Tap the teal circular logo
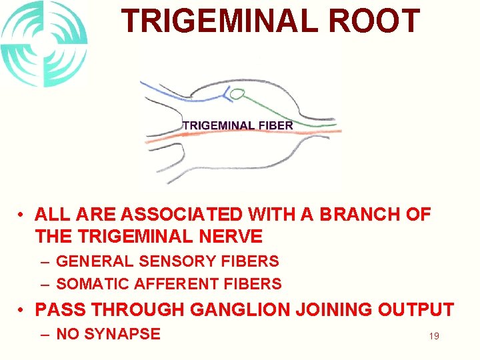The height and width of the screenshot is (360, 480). tap(44, 44)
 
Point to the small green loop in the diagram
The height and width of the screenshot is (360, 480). tap(237, 94)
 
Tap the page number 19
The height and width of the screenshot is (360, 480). tap(433, 336)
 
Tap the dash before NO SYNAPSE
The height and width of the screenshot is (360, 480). tap(45, 333)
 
